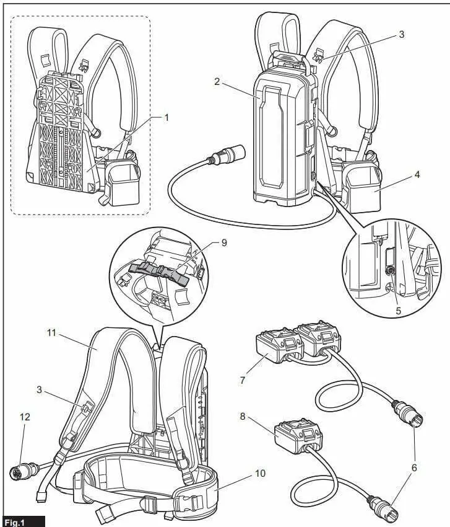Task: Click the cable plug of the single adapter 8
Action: [x=379, y=504]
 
